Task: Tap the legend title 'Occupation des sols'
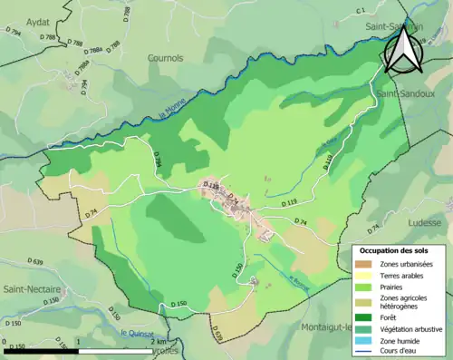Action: [395, 250]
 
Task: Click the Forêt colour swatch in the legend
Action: [367, 316]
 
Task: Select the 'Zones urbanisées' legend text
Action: [406, 264]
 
